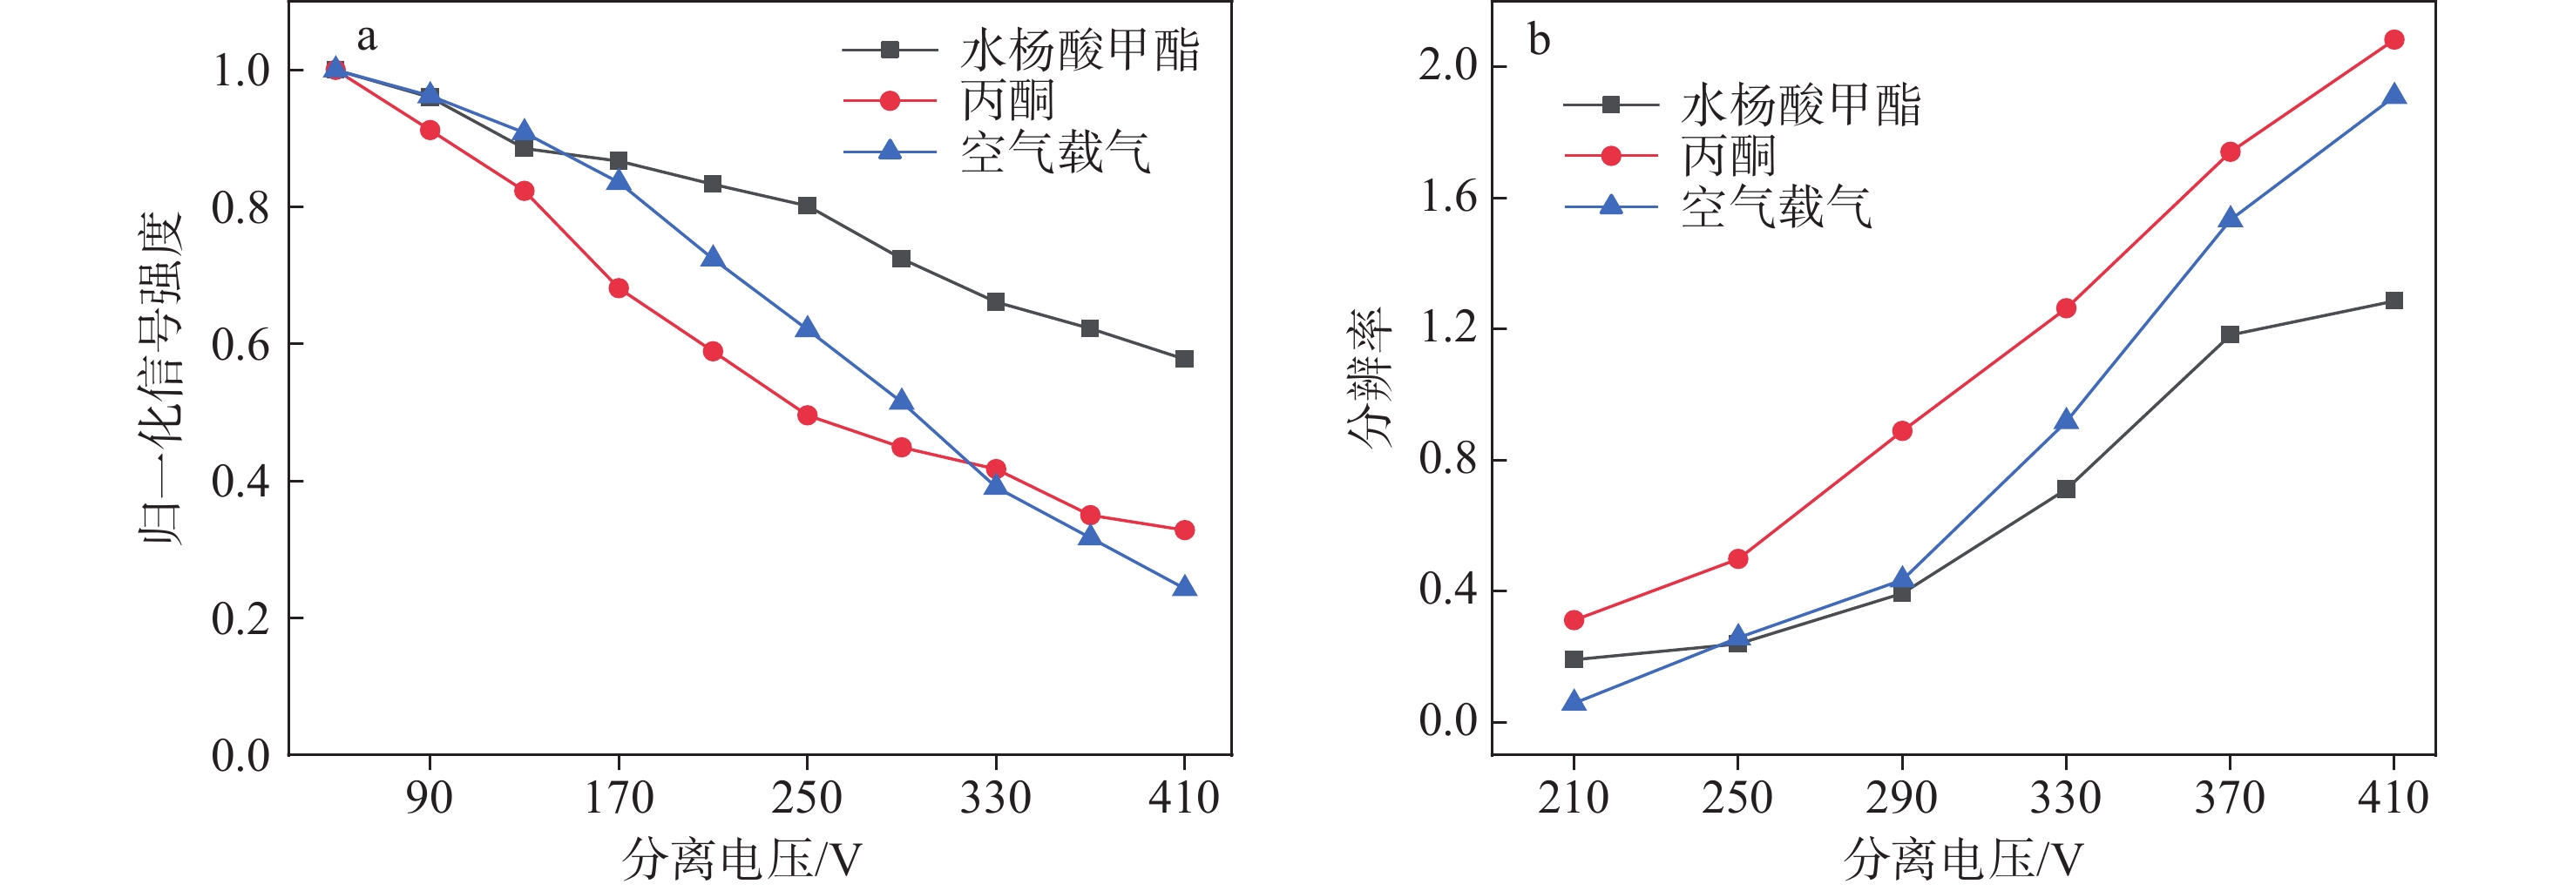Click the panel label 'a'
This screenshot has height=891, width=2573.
click(367, 38)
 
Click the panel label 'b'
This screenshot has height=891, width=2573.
click(1540, 40)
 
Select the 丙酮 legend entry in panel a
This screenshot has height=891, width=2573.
click(1007, 101)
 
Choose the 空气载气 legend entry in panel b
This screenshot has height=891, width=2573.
click(1775, 206)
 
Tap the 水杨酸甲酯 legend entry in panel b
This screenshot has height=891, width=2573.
click(1800, 105)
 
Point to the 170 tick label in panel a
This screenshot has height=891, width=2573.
click(619, 797)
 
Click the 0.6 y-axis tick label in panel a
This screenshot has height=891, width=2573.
click(240, 345)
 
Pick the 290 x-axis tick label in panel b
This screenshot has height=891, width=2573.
click(1902, 797)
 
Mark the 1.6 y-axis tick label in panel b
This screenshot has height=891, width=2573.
click(1448, 198)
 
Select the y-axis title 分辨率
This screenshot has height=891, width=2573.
click(1370, 378)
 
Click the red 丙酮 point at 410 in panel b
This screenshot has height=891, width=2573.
click(2394, 40)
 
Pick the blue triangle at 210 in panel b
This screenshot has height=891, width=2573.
click(1574, 701)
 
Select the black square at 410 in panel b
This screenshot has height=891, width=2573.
click(2394, 300)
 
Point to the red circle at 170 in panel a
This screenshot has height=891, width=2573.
click(619, 288)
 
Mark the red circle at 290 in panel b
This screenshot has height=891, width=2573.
click(1902, 431)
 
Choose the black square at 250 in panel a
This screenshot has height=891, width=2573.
click(807, 206)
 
